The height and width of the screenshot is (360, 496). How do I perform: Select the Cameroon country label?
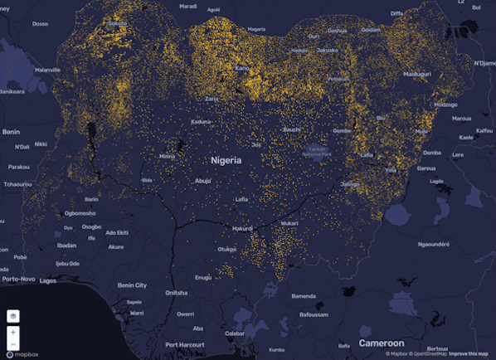[x=381, y=343]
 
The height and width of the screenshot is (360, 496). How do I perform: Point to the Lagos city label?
[x=48, y=280]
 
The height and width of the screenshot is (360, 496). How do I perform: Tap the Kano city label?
[x=242, y=68]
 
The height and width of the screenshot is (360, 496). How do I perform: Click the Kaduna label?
[x=202, y=122]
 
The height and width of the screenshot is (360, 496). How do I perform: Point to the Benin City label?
[x=133, y=285]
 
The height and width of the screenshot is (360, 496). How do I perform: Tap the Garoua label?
[x=427, y=168]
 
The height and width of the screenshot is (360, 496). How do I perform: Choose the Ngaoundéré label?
[x=433, y=244]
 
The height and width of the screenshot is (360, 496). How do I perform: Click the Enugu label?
[x=202, y=277]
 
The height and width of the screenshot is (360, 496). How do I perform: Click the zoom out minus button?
[x=13, y=343]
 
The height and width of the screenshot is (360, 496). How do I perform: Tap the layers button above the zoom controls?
[x=13, y=316]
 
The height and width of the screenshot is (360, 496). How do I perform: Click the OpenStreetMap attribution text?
[x=425, y=354]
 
